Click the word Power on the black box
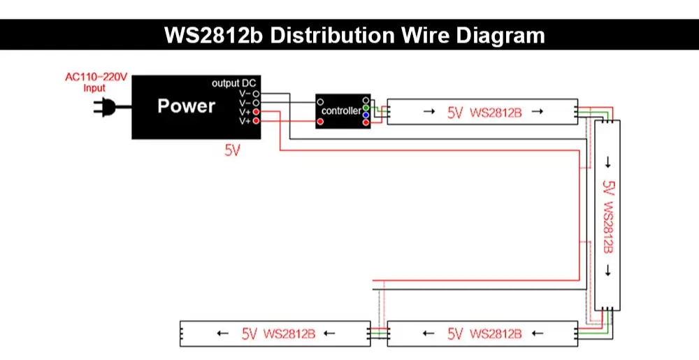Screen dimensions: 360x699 pyautogui.click(x=186, y=106)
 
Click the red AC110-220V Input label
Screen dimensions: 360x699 pyautogui.click(x=96, y=82)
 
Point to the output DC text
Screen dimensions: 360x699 pyautogui.click(x=234, y=83)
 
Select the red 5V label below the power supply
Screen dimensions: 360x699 pyautogui.click(x=232, y=150)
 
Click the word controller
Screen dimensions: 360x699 pyautogui.click(x=340, y=111)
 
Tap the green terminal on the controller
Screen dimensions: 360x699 pyautogui.click(x=366, y=108)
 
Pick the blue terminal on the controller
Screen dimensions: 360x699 pyautogui.click(x=366, y=115)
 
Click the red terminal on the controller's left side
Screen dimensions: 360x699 pyautogui.click(x=320, y=122)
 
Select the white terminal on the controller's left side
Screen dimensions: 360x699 pyautogui.click(x=320, y=102)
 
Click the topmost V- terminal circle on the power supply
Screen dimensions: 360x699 pyautogui.click(x=257, y=93)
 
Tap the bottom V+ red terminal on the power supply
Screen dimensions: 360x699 pyautogui.click(x=257, y=122)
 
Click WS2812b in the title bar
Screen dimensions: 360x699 pyautogui.click(x=213, y=35)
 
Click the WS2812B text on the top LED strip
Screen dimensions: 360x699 pyautogui.click(x=496, y=112)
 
